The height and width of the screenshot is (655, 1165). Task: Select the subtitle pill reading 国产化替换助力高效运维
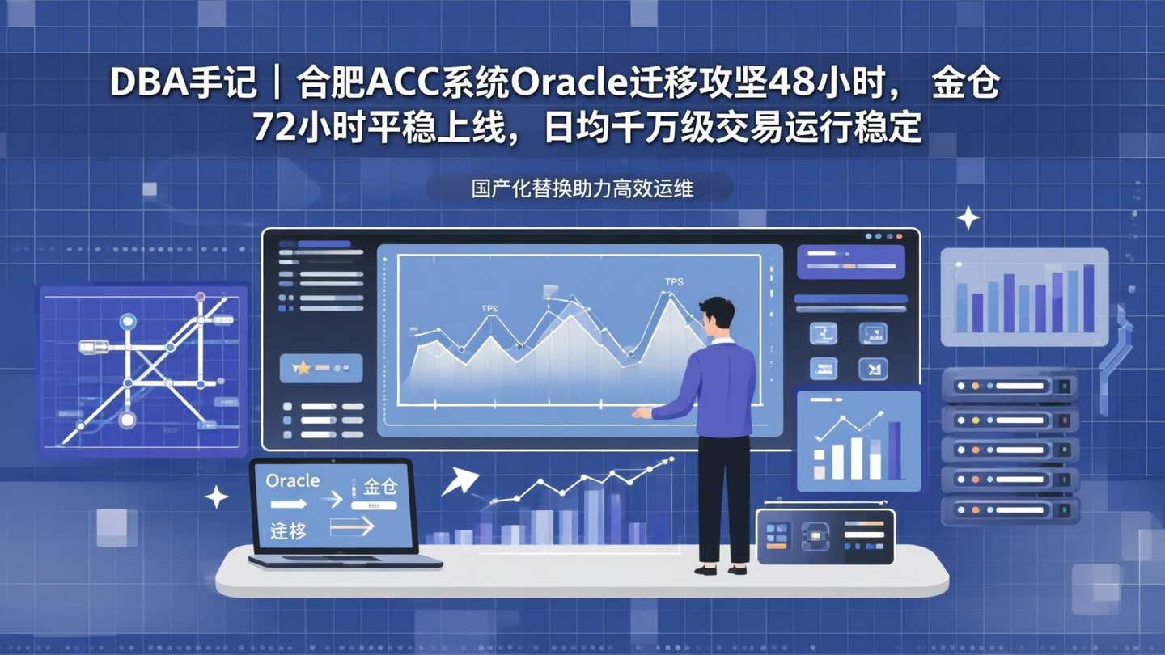579,188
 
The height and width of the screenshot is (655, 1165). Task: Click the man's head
718,314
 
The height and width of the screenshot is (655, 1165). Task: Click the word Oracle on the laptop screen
293,480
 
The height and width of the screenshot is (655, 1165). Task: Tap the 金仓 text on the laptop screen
379,486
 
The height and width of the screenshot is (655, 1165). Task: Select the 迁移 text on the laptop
288,530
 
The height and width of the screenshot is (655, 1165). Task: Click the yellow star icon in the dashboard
302,368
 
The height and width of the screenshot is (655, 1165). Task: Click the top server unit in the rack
1009,387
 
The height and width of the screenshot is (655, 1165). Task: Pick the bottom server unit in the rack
1009,509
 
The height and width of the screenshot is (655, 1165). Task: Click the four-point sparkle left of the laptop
216,497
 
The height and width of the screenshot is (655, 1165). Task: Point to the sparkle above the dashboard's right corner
968,218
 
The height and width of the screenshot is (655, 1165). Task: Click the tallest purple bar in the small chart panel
894,450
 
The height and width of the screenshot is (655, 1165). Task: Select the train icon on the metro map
94,347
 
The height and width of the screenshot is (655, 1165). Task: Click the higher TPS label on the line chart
674,281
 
